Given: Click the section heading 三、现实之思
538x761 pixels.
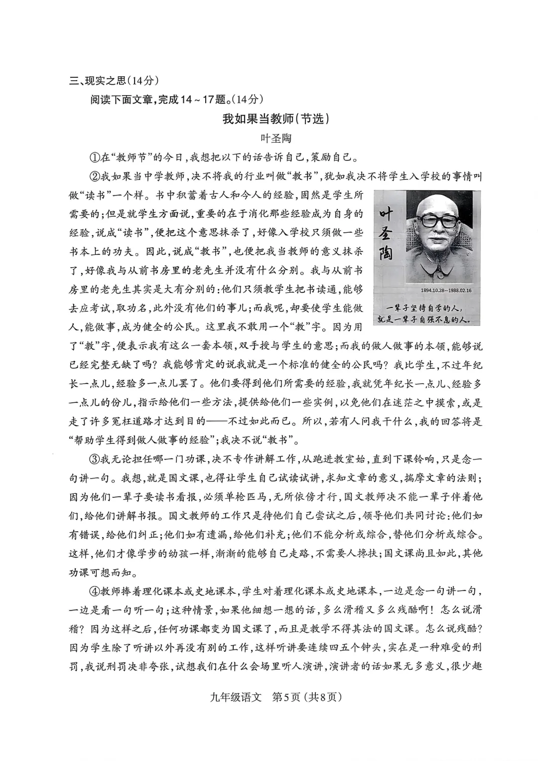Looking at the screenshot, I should (98, 80).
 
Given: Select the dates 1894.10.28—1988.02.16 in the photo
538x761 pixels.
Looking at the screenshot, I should (438, 290).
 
